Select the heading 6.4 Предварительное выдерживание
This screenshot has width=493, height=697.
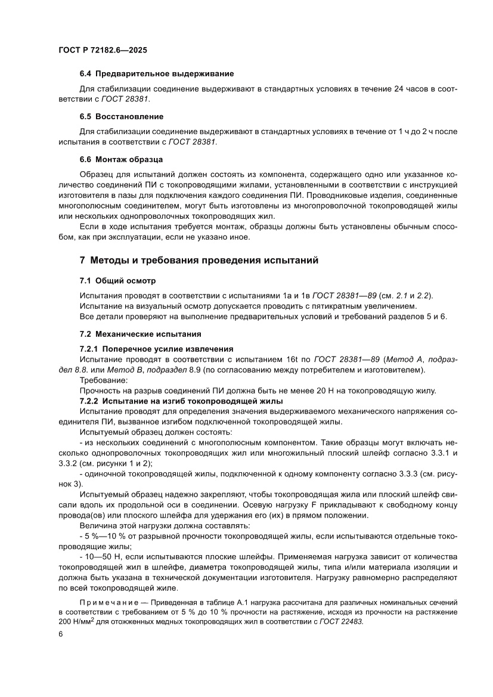pyautogui.click(x=157, y=73)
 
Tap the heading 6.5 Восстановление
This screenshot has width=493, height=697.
pyautogui.click(x=121, y=116)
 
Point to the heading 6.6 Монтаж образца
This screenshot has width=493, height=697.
pyautogui.click(x=121, y=159)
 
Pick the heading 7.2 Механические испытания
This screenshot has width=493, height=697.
pyautogui.click(x=140, y=333)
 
